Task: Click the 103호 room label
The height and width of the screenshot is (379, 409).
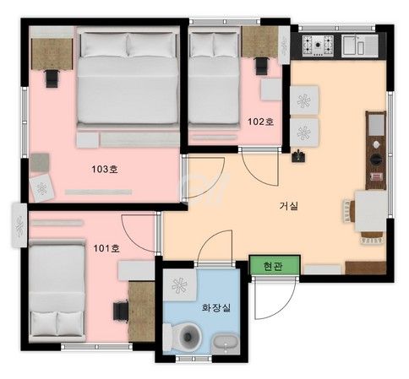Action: pyautogui.click(x=105, y=169)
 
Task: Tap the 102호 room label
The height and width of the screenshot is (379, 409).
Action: pyautogui.click(x=260, y=122)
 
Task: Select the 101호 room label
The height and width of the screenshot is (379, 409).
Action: pyautogui.click(x=106, y=248)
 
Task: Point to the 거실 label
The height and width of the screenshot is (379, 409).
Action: pyautogui.click(x=289, y=206)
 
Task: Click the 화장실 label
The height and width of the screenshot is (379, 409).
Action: pyautogui.click(x=216, y=307)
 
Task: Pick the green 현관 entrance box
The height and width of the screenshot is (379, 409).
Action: pyautogui.click(x=275, y=265)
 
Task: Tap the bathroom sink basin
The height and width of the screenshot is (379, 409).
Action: pyautogui.click(x=226, y=344)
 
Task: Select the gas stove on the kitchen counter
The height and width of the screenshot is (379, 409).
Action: pyautogui.click(x=318, y=45)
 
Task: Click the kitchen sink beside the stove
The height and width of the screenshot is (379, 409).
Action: pyautogui.click(x=359, y=45)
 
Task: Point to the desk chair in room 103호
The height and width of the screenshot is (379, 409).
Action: pyautogui.click(x=52, y=79)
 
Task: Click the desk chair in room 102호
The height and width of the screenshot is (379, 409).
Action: pyautogui.click(x=261, y=66)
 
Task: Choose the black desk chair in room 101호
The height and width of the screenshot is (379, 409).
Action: pyautogui.click(x=121, y=311)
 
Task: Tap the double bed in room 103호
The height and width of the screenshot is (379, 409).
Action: pyautogui.click(x=128, y=77)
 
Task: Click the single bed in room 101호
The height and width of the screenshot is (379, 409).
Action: pyautogui.click(x=57, y=290)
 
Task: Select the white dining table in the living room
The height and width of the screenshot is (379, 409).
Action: pyautogui.click(x=370, y=211)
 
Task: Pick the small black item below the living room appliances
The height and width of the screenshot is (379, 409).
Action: pyautogui.click(x=298, y=156)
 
